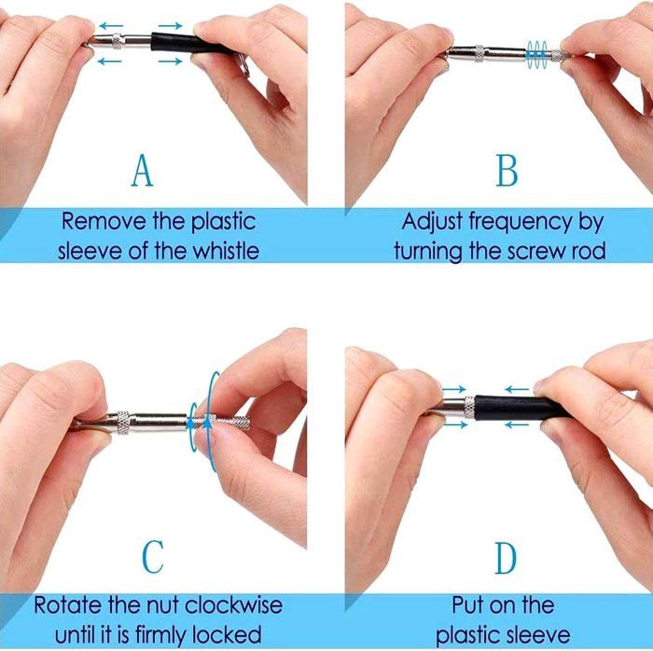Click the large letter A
(142, 171)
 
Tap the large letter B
(507, 171)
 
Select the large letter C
(153, 557)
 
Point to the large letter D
(506, 558)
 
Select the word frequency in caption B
(521, 223)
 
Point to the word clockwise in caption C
(233, 604)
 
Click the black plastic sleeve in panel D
(521, 408)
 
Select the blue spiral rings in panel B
(536, 54)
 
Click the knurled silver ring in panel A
(118, 41)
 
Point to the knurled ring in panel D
(469, 408)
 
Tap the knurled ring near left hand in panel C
(123, 422)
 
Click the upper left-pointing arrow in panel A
(111, 26)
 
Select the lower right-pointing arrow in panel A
(170, 62)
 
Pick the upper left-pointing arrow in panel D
(517, 390)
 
